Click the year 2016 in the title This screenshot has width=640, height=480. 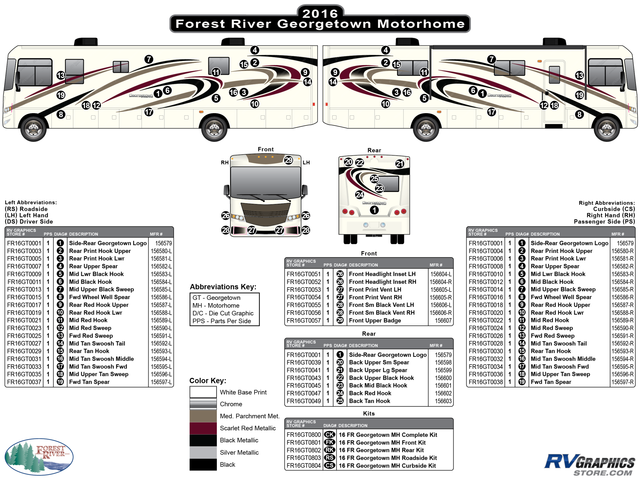click(x=320, y=13)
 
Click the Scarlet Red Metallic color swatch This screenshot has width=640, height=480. click(x=203, y=428)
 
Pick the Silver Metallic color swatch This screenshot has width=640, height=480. click(x=203, y=452)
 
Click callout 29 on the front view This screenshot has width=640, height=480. click(x=289, y=160)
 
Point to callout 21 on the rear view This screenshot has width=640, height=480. click(x=400, y=164)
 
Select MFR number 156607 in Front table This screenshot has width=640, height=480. click(x=443, y=320)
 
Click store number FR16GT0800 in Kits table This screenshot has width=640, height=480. click(x=304, y=435)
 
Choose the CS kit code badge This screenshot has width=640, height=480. click(x=329, y=465)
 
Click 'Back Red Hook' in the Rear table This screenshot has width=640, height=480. click(x=370, y=393)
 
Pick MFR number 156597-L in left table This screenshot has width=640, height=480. click(x=161, y=382)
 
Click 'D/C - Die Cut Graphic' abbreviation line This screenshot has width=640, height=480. click(x=223, y=313)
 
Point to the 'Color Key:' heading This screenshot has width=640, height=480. click(x=207, y=380)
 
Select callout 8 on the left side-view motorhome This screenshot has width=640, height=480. click(x=61, y=114)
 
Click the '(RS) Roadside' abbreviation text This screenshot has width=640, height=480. click(x=26, y=209)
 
